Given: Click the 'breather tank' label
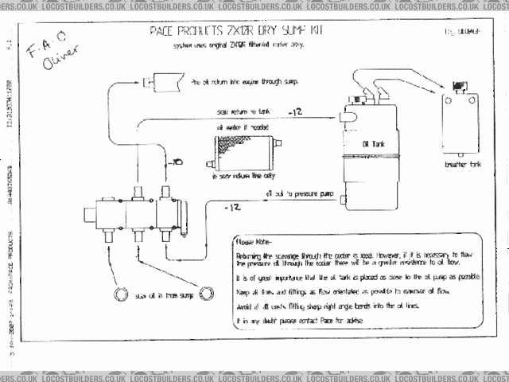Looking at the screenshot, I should coord(460,166).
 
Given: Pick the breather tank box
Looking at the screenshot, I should coord(460,124).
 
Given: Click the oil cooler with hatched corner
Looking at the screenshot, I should coord(245,151).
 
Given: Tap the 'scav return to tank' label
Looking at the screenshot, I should coord(239,113).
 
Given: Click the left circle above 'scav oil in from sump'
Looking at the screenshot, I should coord(122,294).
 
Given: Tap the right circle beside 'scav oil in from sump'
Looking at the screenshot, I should coord(208,294).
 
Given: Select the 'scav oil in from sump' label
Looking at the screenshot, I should coord(164,296).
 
